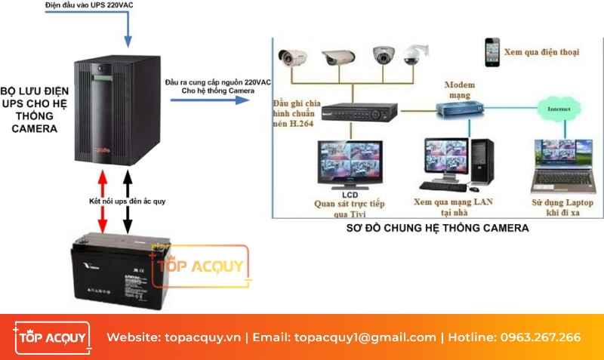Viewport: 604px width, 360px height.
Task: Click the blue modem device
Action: (x=460, y=110)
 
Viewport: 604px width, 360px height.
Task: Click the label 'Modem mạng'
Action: (x=459, y=90)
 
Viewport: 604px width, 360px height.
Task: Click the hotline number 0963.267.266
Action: (x=541, y=337)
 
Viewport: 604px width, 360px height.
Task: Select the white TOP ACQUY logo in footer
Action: (x=51, y=337)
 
